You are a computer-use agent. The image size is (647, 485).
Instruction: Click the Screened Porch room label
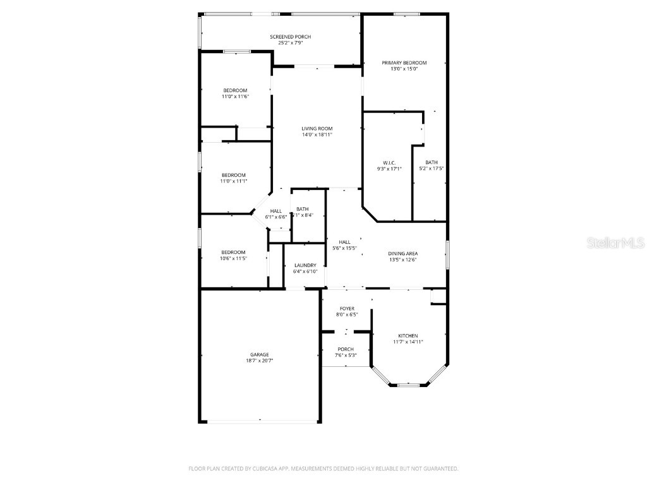pyautogui.click(x=290, y=37)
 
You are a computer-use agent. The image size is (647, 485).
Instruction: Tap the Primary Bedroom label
pyautogui.click(x=404, y=63)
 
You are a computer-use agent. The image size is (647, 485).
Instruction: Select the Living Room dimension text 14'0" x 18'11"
pyautogui.click(x=317, y=135)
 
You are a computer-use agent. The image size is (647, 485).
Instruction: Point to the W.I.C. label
pyautogui.click(x=389, y=163)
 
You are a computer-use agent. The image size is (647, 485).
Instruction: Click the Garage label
pyautogui.click(x=259, y=355)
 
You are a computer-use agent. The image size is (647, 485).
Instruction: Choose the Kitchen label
pyautogui.click(x=408, y=336)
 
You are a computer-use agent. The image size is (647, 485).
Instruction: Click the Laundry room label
pyautogui.click(x=305, y=265)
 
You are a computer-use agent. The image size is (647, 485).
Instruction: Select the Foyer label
pyautogui.click(x=347, y=309)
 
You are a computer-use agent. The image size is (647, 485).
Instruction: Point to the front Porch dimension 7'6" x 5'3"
pyautogui.click(x=346, y=355)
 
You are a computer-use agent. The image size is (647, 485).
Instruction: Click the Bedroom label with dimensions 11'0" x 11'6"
pyautogui.click(x=234, y=90)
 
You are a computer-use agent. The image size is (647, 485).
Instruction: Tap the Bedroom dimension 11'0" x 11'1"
pyautogui.click(x=234, y=181)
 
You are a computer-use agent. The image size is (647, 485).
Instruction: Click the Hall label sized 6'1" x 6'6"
pyautogui.click(x=276, y=211)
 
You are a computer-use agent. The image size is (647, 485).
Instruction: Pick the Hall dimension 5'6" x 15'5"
pyautogui.click(x=345, y=248)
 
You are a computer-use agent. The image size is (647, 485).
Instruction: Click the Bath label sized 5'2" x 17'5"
pyautogui.click(x=432, y=163)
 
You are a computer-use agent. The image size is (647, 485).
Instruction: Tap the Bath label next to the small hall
pyautogui.click(x=303, y=209)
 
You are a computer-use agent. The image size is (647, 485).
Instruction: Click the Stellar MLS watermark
pyautogui.click(x=615, y=242)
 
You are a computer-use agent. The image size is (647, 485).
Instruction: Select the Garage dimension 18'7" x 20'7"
pyautogui.click(x=259, y=361)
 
